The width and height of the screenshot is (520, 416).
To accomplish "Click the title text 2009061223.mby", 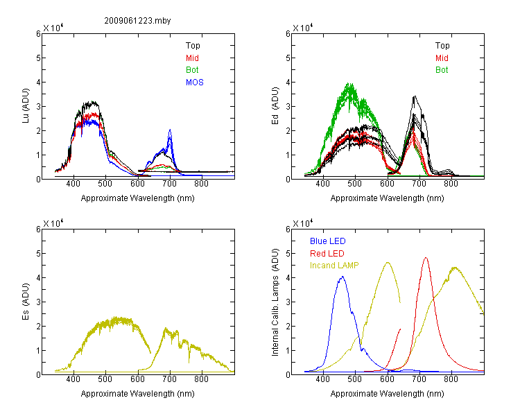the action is [x=137, y=21].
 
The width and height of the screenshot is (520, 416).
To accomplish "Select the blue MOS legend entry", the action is [x=195, y=83].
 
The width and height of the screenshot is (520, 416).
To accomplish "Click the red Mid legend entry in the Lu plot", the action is [x=192, y=58].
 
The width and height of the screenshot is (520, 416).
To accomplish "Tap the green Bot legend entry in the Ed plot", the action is [x=442, y=70].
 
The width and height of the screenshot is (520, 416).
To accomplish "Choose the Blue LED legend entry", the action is [x=328, y=241].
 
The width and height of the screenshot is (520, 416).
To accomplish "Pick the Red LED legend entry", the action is [x=327, y=254].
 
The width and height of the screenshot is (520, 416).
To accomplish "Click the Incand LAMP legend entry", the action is [x=334, y=266].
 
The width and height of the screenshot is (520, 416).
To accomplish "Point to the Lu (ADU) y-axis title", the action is [x=26, y=106].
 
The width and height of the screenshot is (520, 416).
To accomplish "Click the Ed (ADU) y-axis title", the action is [x=275, y=106].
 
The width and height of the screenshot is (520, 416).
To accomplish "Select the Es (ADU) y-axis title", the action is [x=26, y=302].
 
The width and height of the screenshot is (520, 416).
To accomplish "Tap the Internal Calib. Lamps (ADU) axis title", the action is [x=275, y=302].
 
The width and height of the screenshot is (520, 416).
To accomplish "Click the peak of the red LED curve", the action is [x=426, y=257].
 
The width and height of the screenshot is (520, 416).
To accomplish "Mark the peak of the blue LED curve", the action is [x=343, y=277].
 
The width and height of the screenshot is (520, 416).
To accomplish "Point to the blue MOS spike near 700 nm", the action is [x=170, y=130].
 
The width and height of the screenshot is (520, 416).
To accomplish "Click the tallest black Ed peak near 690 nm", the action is [x=415, y=96].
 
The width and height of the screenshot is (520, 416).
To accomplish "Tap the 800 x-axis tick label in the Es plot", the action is [x=201, y=379].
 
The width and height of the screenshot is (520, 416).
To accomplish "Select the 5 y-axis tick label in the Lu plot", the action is [x=38, y=58].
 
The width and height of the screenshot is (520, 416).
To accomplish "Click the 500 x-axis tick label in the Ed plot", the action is [x=355, y=184].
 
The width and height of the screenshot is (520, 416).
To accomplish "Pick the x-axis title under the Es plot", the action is [x=138, y=394].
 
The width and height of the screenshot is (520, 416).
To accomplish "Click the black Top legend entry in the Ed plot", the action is [x=442, y=46].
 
